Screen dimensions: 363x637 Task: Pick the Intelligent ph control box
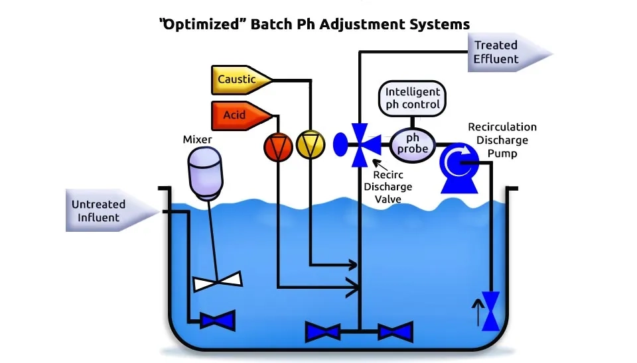tap(412, 98)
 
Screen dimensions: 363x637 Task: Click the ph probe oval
tap(413, 142)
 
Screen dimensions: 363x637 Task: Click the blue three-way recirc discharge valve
tap(360, 144)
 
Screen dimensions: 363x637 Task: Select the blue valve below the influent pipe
tap(217, 322)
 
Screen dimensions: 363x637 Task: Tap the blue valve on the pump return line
tap(491, 311)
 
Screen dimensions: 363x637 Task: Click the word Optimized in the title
tap(206, 24)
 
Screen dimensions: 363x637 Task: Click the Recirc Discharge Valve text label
tap(388, 187)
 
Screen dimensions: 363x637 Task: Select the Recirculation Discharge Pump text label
tap(502, 140)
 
